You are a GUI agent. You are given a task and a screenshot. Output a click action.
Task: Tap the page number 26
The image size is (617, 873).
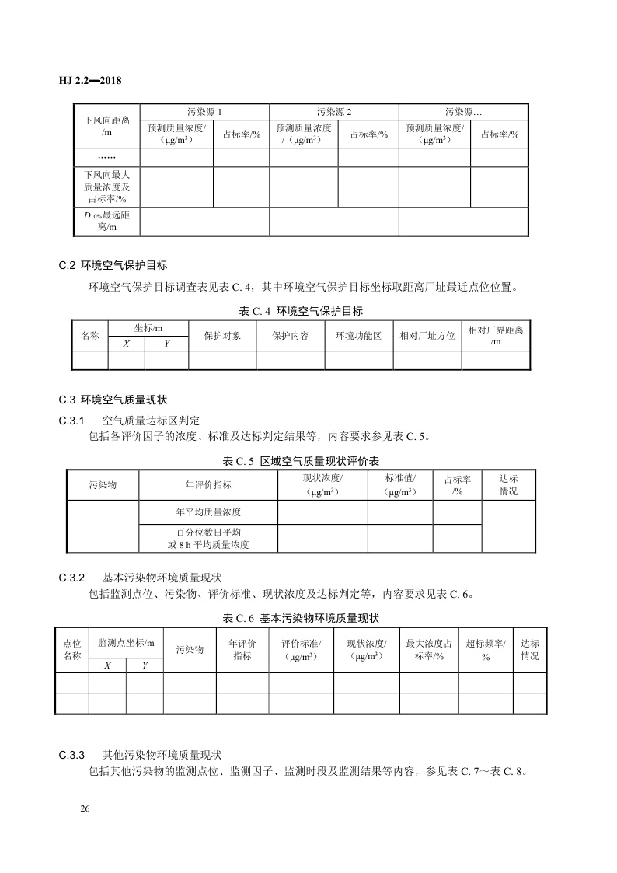[x=85, y=809]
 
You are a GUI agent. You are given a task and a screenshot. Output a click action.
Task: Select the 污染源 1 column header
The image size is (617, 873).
[x=204, y=112]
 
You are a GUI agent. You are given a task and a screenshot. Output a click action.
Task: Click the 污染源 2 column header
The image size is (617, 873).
[x=334, y=112]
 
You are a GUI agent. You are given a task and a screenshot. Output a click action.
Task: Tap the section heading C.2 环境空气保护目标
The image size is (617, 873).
[x=113, y=264]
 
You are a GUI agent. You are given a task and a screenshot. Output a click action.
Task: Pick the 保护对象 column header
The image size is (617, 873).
[x=222, y=336]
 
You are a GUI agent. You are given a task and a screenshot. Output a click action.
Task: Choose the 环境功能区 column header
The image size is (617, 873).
[x=358, y=336]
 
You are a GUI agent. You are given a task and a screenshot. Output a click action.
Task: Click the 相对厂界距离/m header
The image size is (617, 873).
[x=495, y=336]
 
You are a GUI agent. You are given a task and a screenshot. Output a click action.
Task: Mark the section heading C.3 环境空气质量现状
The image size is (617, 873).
[x=113, y=400]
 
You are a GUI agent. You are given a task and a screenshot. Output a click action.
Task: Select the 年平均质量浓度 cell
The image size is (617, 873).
[x=208, y=512]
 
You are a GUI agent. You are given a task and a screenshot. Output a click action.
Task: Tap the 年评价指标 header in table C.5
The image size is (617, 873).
[x=208, y=485]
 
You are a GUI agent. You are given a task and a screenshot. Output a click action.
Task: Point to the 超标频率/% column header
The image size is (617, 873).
[x=485, y=650]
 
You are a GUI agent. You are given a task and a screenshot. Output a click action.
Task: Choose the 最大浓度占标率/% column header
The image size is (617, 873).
[x=429, y=650]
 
